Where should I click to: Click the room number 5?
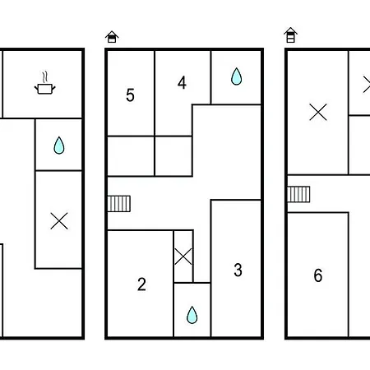tap(130, 95)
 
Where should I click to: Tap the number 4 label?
tap(182, 82)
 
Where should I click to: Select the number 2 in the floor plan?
tap(141, 284)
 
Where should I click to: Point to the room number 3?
tap(238, 270)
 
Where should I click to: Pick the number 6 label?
tap(318, 275)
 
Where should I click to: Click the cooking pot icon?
tap(45, 89)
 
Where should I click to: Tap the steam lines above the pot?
tap(45, 76)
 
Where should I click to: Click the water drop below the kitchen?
tap(59, 146)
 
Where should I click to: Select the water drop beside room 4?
tap(236, 76)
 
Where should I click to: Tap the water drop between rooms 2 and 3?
tap(192, 315)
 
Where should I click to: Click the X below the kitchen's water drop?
tap(59, 220)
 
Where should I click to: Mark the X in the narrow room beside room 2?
tap(183, 257)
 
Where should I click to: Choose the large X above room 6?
tap(318, 112)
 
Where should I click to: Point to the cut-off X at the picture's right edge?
tap(367, 85)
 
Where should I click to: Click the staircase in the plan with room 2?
tap(118, 204)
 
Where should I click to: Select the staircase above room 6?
tap(298, 194)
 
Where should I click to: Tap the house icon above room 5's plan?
tap(112, 37)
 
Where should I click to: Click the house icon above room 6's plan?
tap(291, 35)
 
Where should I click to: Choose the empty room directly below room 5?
tap(131, 156)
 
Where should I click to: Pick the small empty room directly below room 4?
tap(173, 156)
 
